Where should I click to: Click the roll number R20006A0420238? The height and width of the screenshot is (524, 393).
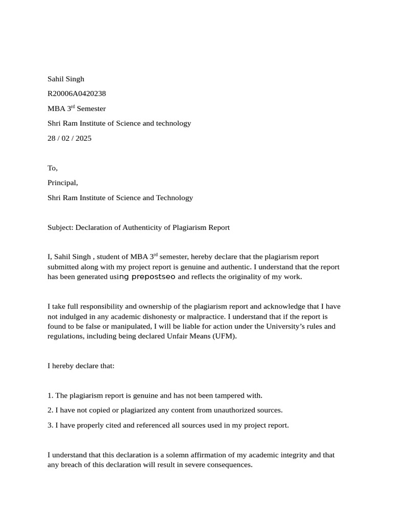click(x=77, y=94)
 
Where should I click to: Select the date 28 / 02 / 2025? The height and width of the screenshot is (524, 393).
click(x=70, y=138)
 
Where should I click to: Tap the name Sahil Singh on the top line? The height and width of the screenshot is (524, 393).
click(x=66, y=79)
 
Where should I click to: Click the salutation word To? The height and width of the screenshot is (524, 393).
click(x=53, y=168)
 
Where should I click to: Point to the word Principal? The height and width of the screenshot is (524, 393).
click(x=62, y=183)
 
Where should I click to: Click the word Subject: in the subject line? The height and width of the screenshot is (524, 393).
click(x=60, y=227)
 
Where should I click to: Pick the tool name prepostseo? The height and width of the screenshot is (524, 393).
click(x=154, y=277)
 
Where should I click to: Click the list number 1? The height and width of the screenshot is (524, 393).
click(x=50, y=396)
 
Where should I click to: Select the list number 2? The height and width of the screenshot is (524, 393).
click(x=50, y=410)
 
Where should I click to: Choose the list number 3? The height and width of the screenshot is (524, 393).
click(x=50, y=425)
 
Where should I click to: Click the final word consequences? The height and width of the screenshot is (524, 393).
click(x=230, y=465)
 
